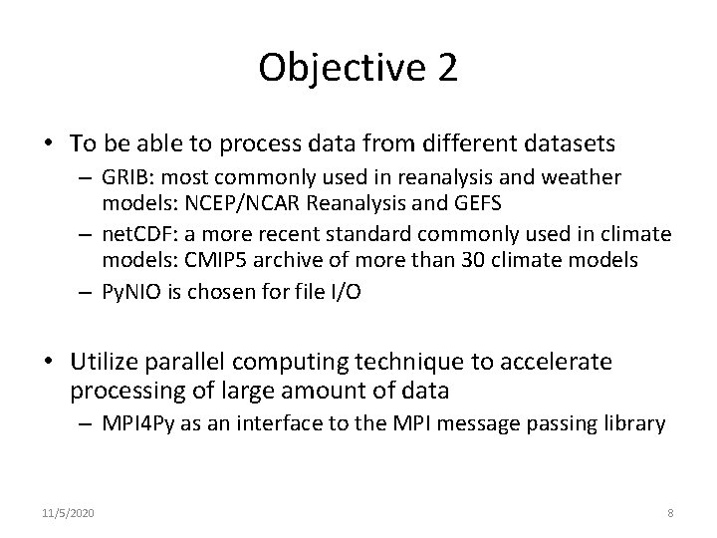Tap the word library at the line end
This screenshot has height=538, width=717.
coord(636,423)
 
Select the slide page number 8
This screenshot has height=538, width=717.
coord(670,513)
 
